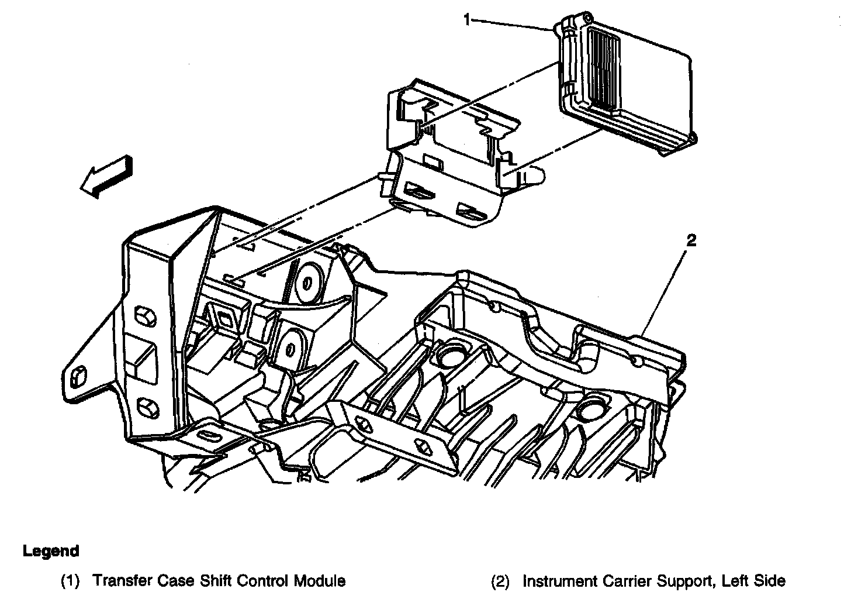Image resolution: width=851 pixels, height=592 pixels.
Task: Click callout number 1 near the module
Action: (x=467, y=19)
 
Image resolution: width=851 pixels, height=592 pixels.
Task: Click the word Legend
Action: (x=51, y=551)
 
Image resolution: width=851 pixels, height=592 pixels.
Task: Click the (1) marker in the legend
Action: (x=71, y=581)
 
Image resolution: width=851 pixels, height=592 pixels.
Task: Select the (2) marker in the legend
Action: (x=500, y=581)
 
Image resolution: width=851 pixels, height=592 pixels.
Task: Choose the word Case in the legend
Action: (x=166, y=581)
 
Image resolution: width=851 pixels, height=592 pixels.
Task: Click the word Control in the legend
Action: (x=255, y=581)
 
